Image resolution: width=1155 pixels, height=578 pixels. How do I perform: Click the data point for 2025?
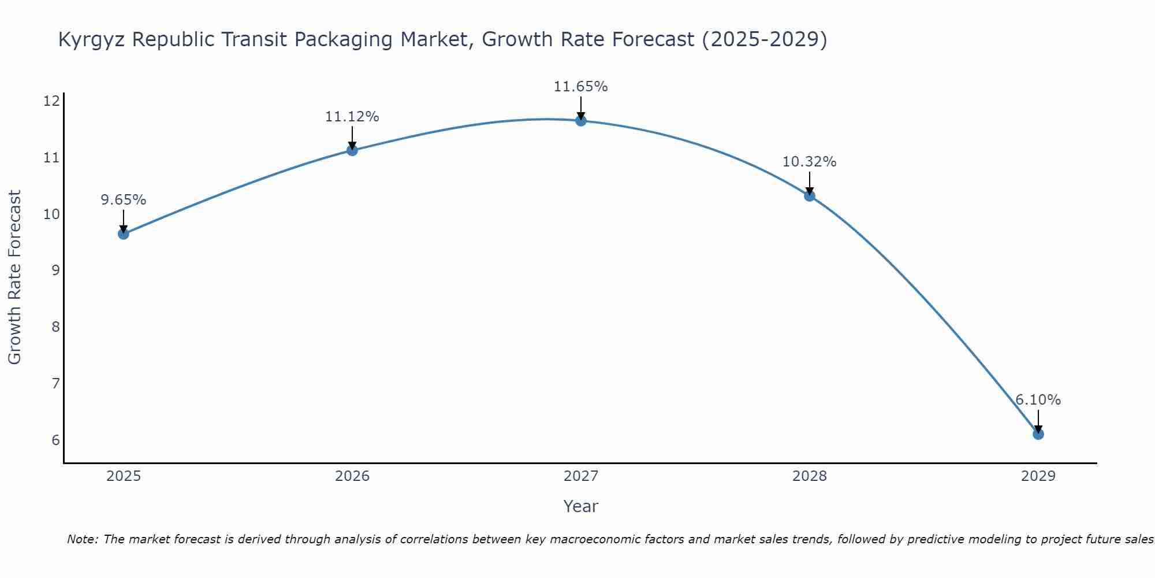click(123, 234)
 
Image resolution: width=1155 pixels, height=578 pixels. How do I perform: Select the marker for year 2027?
click(580, 120)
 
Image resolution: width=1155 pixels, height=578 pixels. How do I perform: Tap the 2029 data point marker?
click(1038, 434)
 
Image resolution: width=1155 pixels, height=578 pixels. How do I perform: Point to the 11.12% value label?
click(352, 117)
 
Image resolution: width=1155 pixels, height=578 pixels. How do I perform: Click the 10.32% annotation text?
click(809, 162)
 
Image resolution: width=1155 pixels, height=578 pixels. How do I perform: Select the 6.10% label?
click(1038, 400)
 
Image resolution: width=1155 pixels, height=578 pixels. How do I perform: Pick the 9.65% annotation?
click(123, 200)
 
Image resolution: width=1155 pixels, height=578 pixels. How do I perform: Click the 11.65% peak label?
click(580, 87)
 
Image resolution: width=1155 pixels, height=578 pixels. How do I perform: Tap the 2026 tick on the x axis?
click(352, 476)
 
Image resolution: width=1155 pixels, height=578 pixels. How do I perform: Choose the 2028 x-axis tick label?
click(810, 476)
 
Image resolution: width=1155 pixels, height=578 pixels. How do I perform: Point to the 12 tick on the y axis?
click(51, 102)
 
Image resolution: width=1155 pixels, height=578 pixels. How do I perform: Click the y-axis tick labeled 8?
click(55, 327)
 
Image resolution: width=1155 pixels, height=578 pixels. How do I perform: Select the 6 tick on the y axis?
click(55, 440)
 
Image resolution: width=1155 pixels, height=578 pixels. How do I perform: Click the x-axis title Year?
click(580, 506)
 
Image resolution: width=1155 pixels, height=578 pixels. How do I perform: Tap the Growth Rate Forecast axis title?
click(15, 277)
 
